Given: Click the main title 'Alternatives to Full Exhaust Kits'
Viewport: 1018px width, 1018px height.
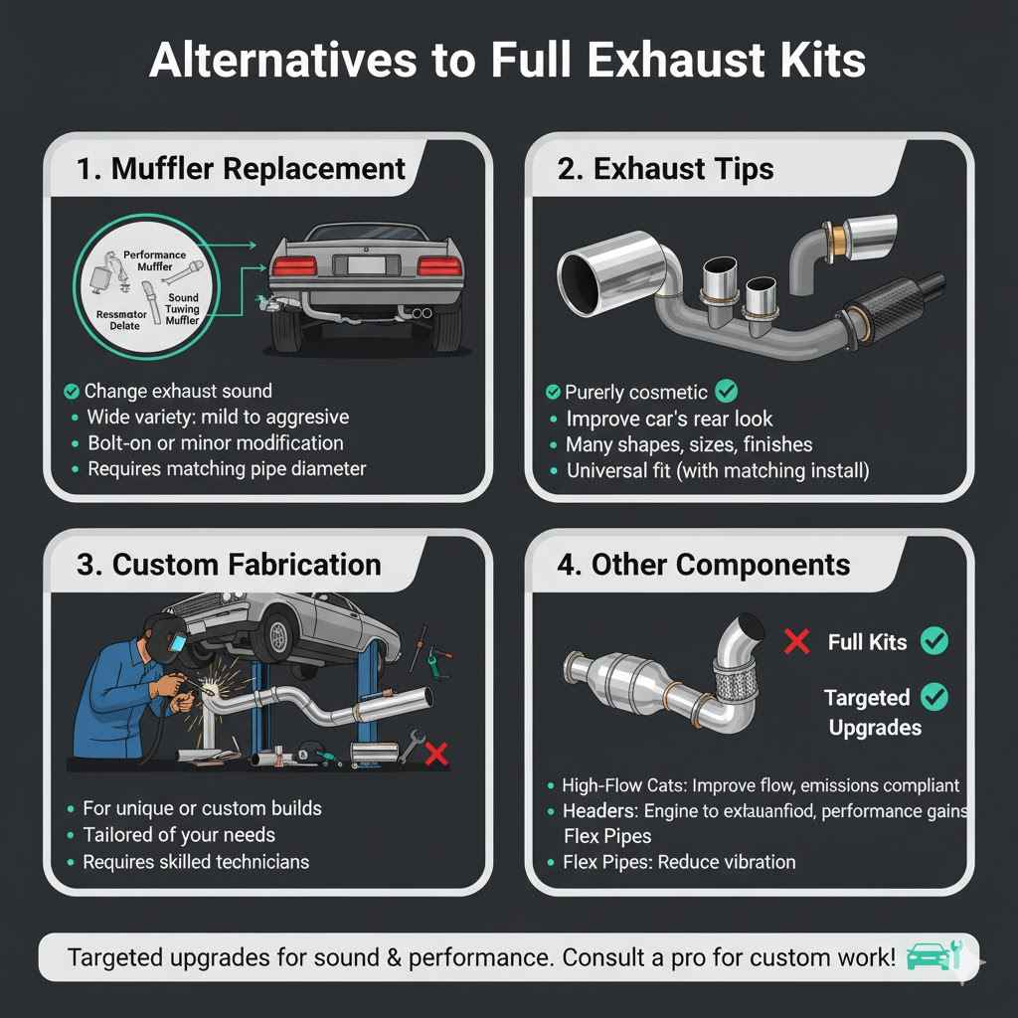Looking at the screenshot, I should coord(508,62).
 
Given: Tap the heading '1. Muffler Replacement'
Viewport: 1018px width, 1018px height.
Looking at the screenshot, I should coord(242,168).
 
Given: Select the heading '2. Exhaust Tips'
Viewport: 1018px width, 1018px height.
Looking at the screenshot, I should coord(665,168).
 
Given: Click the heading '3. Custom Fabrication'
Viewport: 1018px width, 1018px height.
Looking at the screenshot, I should coord(229,565).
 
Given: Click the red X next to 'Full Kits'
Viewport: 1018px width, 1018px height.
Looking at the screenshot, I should coord(796,641).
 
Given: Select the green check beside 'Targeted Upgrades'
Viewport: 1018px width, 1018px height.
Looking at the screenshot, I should coord(933,698).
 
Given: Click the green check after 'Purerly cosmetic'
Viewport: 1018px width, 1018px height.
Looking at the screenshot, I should coord(726,391).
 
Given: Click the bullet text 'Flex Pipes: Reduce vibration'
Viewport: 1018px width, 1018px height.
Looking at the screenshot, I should coord(679,862).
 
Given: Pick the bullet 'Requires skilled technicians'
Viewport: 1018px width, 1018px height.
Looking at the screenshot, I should coord(196,862).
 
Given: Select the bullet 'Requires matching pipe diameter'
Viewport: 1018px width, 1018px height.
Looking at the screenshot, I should coord(227,468).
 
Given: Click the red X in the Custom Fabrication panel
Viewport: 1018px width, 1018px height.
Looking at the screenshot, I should coord(435,755).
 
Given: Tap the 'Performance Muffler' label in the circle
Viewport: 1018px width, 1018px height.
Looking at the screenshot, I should coord(154,260).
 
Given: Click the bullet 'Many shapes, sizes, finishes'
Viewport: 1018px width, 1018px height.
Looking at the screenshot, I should coord(689,444).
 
